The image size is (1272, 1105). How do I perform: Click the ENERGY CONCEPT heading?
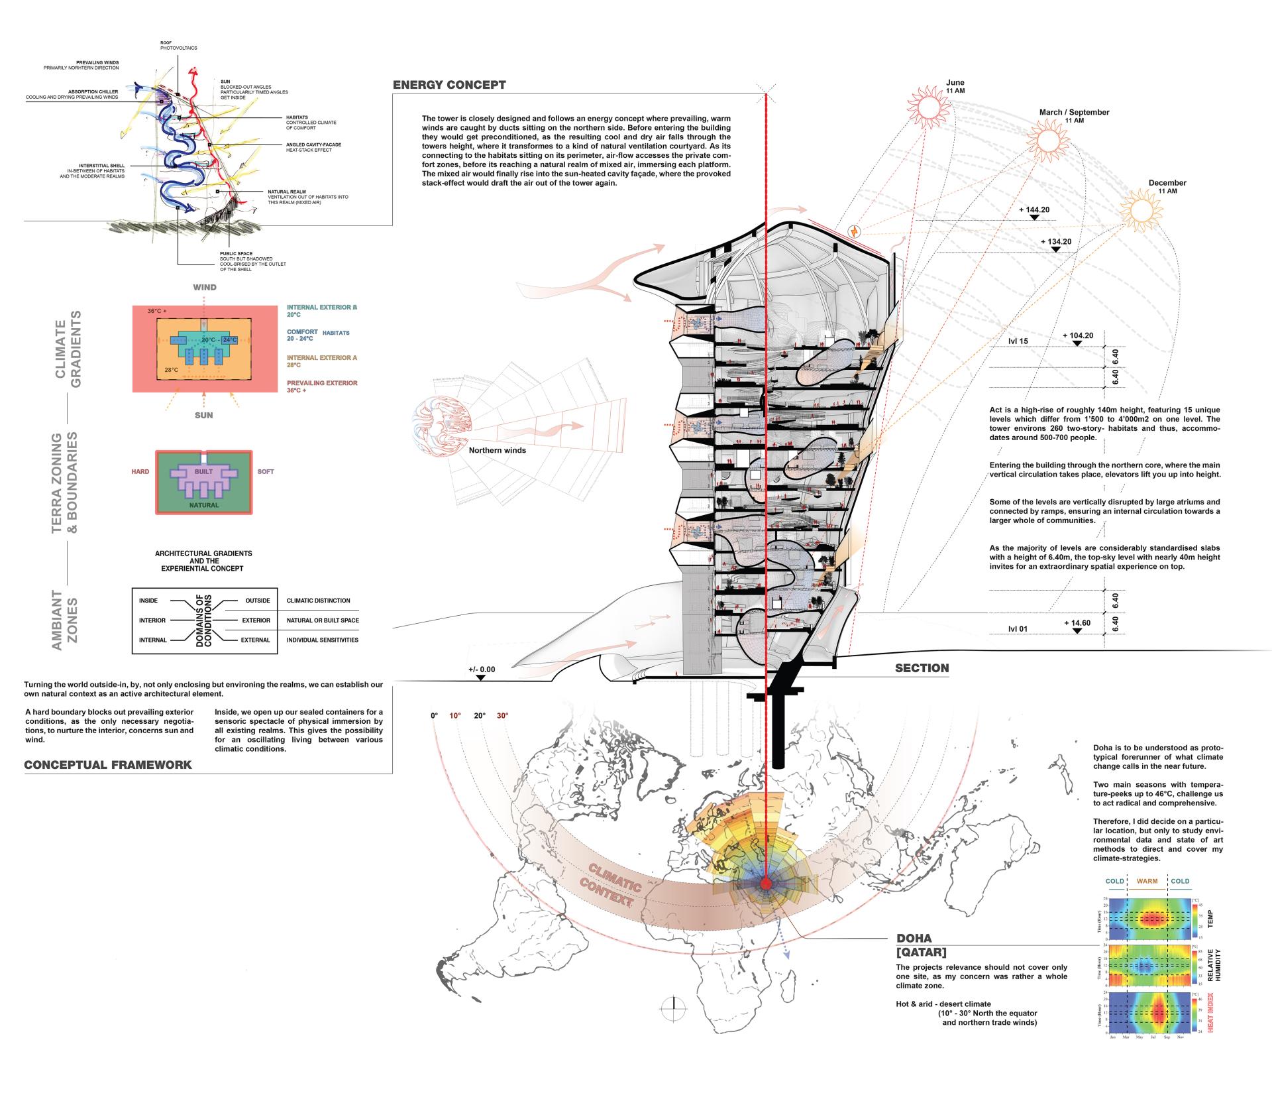449,85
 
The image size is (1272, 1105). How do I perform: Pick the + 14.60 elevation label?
1077,623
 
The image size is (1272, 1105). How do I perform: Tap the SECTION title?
922,668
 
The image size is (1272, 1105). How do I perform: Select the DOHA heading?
914,938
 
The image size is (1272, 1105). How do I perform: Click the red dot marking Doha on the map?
766,884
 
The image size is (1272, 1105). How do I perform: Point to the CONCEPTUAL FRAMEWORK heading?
108,764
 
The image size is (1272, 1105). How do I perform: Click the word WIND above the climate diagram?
204,288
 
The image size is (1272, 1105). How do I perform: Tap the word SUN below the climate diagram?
204,415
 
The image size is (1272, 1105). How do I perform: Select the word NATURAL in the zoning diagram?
203,505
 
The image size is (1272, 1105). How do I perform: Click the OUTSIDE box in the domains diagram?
258,601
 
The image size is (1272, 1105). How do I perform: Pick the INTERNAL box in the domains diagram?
152,640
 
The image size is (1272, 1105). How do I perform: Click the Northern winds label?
497,451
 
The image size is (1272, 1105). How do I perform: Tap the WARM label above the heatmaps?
1147,881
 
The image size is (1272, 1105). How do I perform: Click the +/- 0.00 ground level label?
482,669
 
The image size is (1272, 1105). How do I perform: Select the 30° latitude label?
502,716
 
